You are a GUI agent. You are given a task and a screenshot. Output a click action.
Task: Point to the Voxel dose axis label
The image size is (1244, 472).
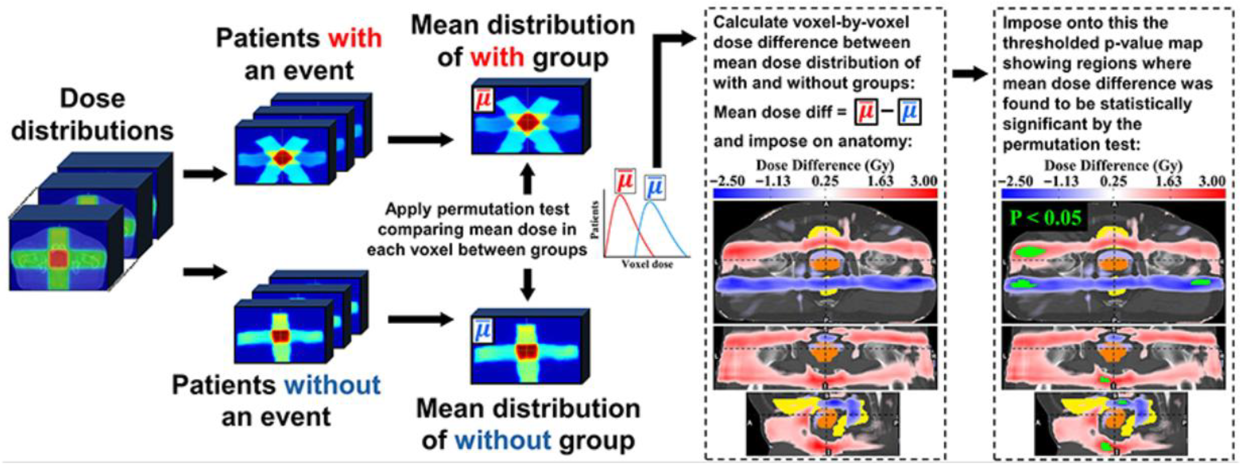coord(647,264)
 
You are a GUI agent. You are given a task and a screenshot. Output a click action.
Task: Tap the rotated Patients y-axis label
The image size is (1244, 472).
coord(595,220)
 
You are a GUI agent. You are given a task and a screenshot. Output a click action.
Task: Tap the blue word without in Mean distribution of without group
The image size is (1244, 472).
coord(502,440)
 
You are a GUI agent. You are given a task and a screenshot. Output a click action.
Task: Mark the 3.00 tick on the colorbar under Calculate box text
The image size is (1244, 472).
coord(923,181)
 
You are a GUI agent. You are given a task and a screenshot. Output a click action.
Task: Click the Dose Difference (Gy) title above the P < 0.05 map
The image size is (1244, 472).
coord(1113,166)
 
